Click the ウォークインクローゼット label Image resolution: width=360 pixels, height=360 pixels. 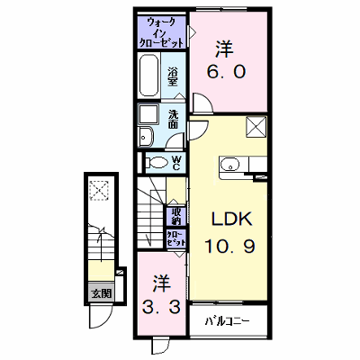point(162,32)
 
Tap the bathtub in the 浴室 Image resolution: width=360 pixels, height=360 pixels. point(148,75)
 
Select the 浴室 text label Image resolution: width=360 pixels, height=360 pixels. point(173,77)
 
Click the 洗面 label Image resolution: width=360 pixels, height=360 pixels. point(174,120)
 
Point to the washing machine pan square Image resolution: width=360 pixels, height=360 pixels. point(148,114)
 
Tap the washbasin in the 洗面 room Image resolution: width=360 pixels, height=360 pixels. point(146,137)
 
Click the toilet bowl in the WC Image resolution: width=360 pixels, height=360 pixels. point(157,163)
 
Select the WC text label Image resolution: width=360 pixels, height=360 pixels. point(176,163)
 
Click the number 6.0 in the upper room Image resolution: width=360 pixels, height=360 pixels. point(227,72)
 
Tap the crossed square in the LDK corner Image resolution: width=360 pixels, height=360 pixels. point(256,127)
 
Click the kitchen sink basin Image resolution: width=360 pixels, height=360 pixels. point(230,165)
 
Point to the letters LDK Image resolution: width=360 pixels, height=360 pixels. point(231,220)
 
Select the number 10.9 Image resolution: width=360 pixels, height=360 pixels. point(230,247)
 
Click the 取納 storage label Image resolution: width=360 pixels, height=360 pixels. point(176,216)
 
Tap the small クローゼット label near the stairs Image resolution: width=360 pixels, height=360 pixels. point(175,238)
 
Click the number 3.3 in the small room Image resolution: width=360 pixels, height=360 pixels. point(162,307)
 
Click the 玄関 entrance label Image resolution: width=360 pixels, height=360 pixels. point(102,293)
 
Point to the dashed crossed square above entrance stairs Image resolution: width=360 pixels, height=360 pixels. point(99,190)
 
